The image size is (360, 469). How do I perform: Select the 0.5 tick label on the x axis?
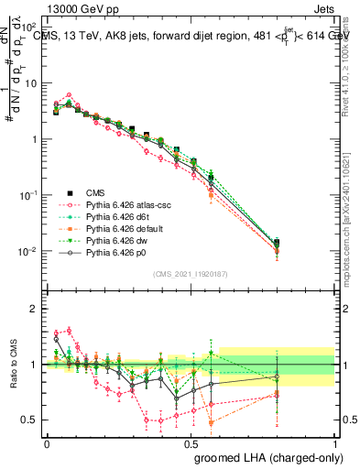click(191, 443)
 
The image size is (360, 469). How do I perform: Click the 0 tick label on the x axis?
click(47, 443)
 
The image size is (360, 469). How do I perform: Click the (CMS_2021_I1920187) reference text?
click(190, 273)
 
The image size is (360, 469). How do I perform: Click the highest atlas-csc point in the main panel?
click(70, 94)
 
